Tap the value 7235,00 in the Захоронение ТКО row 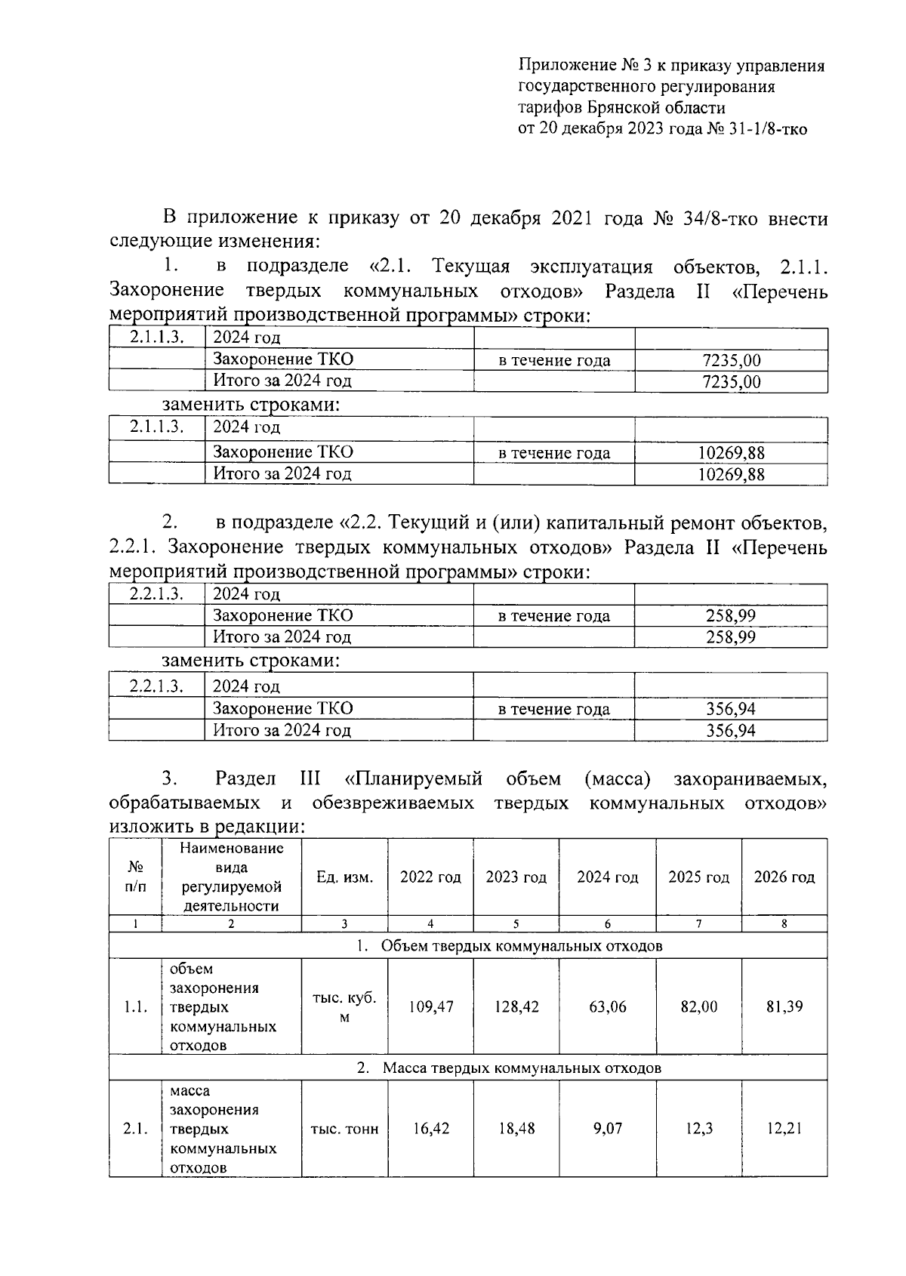[x=731, y=360]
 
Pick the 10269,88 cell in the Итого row [x=731, y=474]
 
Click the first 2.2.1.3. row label [x=156, y=593]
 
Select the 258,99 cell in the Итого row [x=731, y=637]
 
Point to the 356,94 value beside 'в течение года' [x=731, y=709]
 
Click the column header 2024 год [x=607, y=877]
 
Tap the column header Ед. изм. [x=344, y=877]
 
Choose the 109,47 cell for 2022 [x=430, y=1007]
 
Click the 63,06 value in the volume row [x=607, y=1007]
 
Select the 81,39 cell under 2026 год [x=784, y=1006]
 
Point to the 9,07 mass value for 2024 [x=607, y=1130]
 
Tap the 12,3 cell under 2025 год [x=698, y=1130]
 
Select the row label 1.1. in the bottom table [x=135, y=1007]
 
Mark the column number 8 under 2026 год [x=784, y=923]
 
